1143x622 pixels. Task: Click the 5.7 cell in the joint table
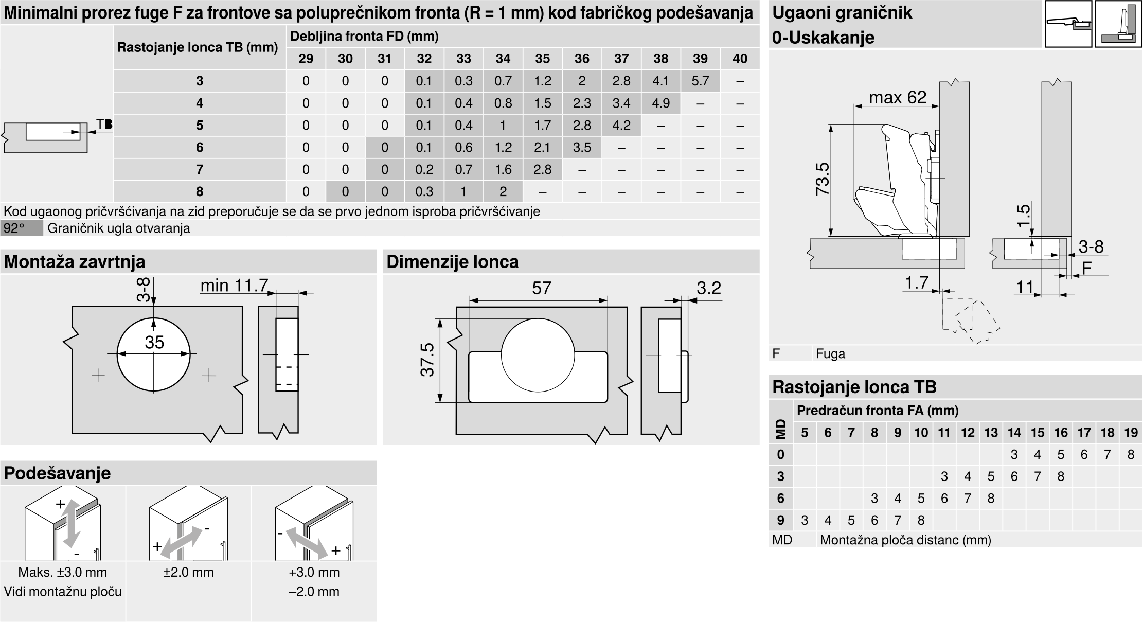(700, 81)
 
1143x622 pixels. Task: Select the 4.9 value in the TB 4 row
(660, 103)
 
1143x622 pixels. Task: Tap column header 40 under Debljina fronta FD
(740, 59)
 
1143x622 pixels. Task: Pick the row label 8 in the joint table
(200, 191)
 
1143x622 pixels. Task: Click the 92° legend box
(22, 228)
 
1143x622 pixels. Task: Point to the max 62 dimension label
(898, 97)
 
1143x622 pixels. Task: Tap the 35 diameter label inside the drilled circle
(154, 342)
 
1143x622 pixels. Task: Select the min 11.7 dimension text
(234, 286)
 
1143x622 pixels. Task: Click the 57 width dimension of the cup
(542, 288)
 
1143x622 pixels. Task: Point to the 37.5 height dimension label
(427, 360)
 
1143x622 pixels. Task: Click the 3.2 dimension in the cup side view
(709, 288)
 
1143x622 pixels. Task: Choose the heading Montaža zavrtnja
(75, 262)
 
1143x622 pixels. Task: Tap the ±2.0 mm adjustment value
(188, 572)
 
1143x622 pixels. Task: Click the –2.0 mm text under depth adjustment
(314, 591)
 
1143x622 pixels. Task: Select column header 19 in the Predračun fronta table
(1131, 433)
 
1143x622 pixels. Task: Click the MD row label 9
(780, 520)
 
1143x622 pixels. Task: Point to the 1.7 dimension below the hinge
(916, 282)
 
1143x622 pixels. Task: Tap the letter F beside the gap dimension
(1086, 269)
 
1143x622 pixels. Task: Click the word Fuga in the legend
(830, 353)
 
